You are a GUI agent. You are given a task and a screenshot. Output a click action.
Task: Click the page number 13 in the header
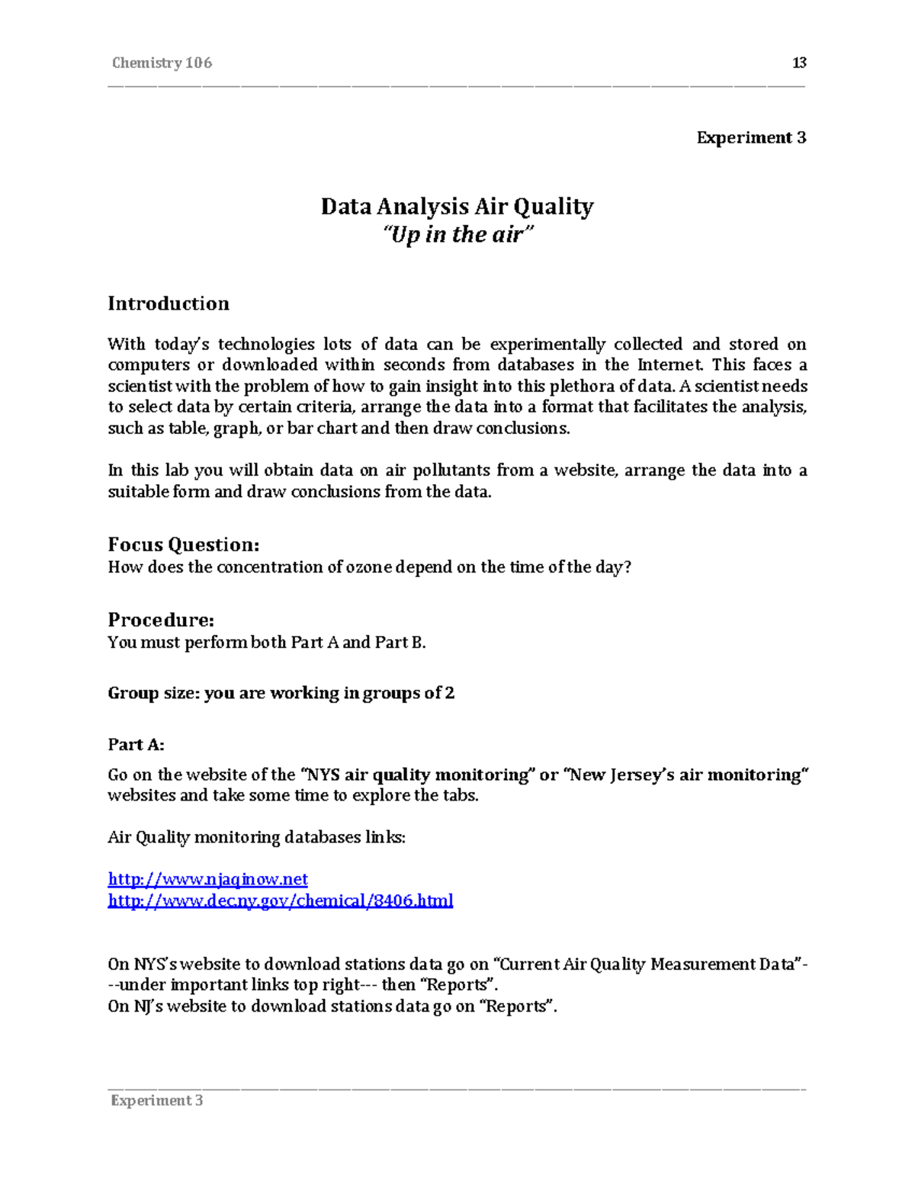click(x=799, y=63)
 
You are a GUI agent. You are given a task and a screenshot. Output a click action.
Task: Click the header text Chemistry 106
click(x=162, y=63)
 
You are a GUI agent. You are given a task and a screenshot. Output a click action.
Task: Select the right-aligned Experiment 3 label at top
click(x=751, y=138)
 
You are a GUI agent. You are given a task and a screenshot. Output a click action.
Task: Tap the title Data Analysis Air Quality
click(x=457, y=207)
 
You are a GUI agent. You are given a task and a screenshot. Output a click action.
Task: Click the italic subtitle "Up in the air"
click(x=457, y=235)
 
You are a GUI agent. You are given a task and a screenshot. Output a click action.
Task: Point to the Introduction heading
click(x=169, y=303)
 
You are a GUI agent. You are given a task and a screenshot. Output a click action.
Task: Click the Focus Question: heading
click(x=184, y=544)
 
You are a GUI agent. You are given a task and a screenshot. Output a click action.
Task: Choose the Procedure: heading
click(x=161, y=619)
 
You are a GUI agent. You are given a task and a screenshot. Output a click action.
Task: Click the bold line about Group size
click(x=281, y=693)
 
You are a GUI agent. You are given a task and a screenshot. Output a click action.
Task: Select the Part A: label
click(x=136, y=744)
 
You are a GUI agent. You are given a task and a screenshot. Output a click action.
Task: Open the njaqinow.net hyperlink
click(x=207, y=879)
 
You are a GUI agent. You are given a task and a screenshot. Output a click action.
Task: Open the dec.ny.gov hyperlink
click(x=281, y=900)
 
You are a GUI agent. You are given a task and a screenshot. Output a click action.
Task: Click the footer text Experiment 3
click(x=157, y=1100)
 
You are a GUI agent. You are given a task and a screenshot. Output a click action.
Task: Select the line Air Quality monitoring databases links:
click(x=257, y=837)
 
